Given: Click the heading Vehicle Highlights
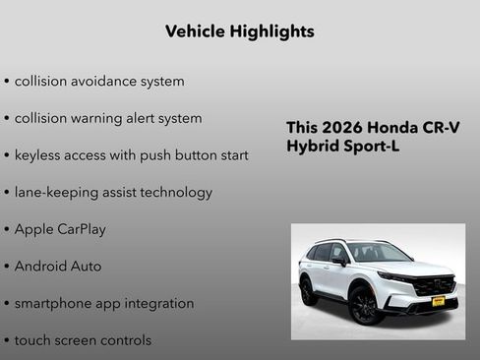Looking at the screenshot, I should [240, 31].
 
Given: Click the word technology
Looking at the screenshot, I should [174, 193].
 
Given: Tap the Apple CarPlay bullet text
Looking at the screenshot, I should [60, 229].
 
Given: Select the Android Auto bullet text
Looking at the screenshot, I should [58, 267].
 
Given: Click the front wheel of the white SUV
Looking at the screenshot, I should [364, 305].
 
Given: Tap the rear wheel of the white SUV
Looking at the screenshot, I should [309, 290].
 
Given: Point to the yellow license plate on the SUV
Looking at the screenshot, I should [439, 301].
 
